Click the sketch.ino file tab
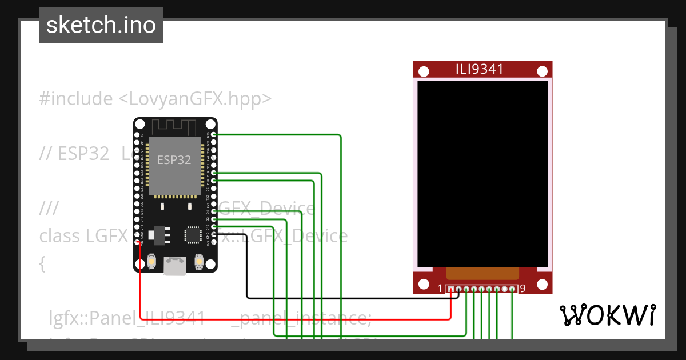click(101, 25)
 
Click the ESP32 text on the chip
click(174, 160)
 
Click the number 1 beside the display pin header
click(440, 289)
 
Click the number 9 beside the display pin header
click(523, 289)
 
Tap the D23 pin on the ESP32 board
click(214, 135)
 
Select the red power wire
click(286, 318)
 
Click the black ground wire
click(343, 298)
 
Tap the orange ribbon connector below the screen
click(482, 273)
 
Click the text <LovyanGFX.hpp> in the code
click(194, 99)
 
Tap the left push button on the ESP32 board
click(152, 261)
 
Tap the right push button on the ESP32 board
click(200, 261)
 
